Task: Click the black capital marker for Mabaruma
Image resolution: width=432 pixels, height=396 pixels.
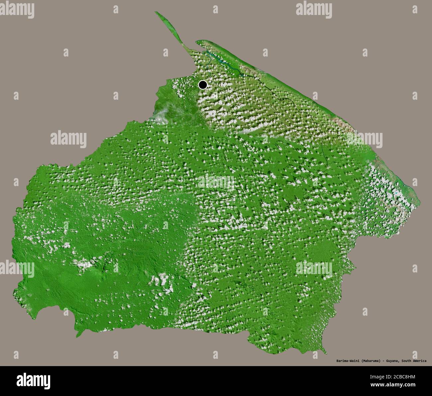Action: point(202,85)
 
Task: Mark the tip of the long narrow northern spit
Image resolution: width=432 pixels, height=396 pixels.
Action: point(156,13)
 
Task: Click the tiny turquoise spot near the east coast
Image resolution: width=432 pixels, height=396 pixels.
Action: point(396,193)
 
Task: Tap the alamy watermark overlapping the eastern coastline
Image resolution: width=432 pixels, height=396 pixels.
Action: point(365,139)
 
